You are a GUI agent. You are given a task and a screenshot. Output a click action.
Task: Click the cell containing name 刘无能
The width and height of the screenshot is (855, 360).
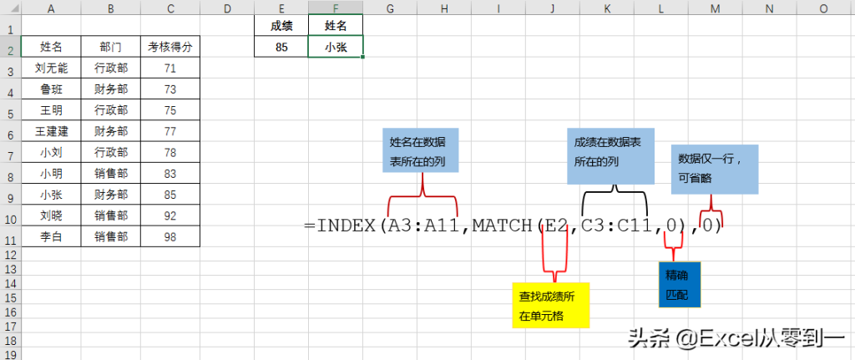[52, 68]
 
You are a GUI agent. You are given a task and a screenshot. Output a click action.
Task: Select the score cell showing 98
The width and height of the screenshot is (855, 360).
[170, 237]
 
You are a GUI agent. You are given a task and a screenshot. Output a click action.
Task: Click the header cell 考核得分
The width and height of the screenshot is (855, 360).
[170, 47]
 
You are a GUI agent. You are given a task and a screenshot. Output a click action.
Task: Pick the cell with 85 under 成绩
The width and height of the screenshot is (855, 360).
[281, 48]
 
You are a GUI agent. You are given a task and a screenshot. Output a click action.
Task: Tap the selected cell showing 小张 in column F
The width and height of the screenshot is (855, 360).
[336, 48]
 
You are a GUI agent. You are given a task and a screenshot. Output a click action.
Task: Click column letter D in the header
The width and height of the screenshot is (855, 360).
[227, 8]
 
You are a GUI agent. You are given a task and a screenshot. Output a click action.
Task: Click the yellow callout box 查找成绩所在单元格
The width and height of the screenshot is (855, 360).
[550, 306]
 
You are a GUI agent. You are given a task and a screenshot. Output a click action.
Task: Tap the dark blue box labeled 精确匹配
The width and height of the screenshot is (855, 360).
[680, 285]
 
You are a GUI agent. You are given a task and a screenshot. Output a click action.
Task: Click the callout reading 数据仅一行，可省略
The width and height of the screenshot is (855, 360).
[715, 168]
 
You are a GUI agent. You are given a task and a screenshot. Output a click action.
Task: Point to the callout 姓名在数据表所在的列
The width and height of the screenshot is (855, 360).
[420, 151]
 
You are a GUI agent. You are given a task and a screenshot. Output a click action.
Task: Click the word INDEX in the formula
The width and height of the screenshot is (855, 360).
[347, 226]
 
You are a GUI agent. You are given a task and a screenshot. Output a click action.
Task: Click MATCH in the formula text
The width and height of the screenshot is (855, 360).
[502, 226]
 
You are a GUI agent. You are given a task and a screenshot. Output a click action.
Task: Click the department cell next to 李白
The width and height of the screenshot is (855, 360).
[111, 237]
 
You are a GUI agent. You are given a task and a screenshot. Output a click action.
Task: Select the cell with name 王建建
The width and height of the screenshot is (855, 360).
[52, 131]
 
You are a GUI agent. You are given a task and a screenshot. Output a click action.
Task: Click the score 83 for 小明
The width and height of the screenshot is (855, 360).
[170, 174]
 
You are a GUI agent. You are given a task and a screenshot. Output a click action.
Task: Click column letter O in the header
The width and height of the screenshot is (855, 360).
[823, 8]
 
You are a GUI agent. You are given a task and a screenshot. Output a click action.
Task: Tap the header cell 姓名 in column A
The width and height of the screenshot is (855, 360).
[52, 47]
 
